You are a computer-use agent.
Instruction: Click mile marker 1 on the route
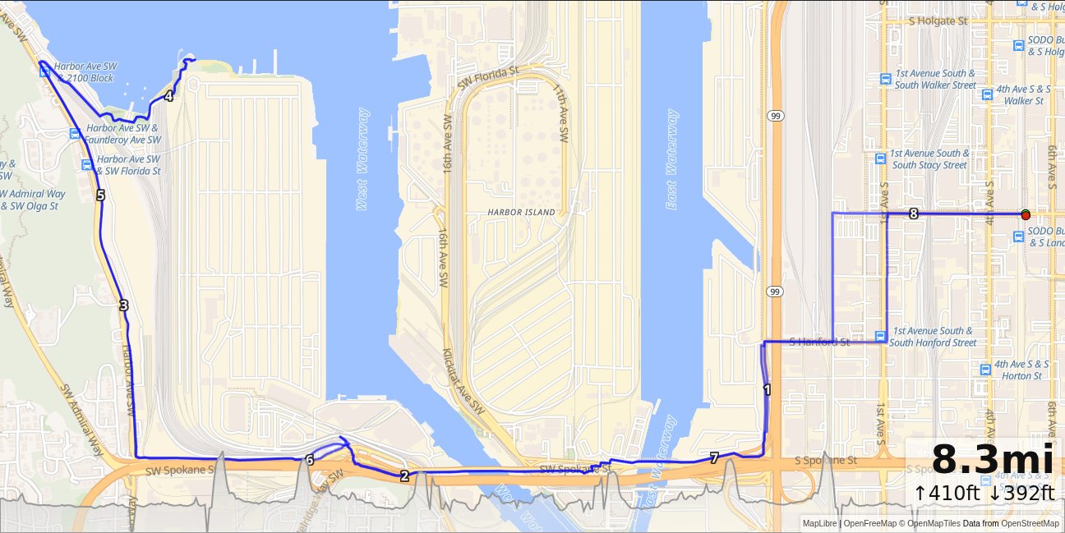[767, 390]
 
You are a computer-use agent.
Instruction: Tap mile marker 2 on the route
[404, 476]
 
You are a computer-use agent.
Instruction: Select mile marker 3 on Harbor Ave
[123, 306]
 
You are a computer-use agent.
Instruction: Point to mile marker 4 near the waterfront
[168, 96]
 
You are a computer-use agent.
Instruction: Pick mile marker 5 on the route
[100, 195]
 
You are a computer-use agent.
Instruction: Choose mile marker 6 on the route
[309, 460]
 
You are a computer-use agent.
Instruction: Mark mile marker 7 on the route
[714, 458]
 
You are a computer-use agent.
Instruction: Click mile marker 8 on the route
[913, 214]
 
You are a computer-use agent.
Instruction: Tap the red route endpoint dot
[1026, 214]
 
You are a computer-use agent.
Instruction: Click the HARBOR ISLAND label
[521, 212]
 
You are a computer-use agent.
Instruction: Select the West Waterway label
[362, 159]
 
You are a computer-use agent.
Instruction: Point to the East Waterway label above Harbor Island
[672, 159]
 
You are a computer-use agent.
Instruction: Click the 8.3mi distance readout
[993, 460]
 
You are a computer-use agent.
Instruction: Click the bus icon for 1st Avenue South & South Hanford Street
[880, 336]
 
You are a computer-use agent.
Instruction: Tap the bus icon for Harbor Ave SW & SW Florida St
[86, 165]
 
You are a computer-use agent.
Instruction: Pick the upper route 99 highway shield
[775, 117]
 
